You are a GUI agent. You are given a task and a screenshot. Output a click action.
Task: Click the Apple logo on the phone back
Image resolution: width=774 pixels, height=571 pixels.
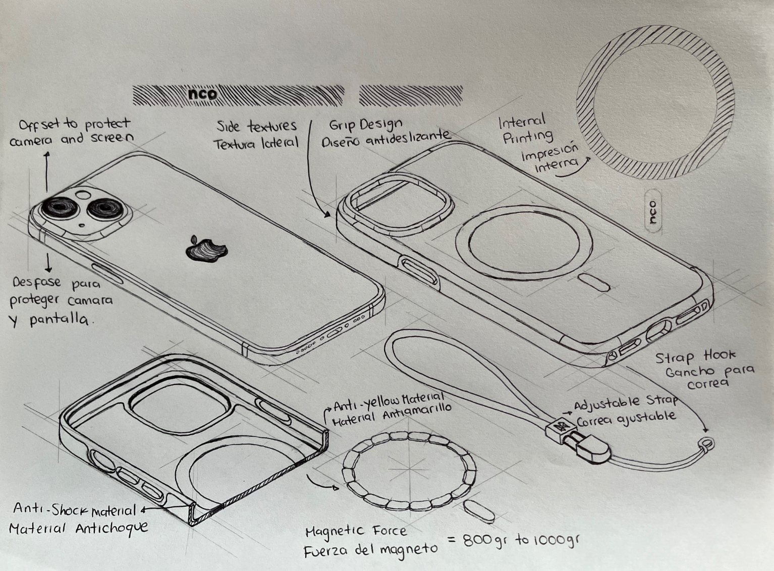(x=206, y=249)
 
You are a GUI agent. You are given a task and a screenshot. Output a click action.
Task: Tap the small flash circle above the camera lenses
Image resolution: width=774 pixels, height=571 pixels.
(x=83, y=194)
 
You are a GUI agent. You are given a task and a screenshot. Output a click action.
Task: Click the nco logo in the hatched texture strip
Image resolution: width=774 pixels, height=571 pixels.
(x=203, y=93)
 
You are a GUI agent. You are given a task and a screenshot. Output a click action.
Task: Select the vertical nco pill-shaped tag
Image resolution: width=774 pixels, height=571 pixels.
(x=653, y=211)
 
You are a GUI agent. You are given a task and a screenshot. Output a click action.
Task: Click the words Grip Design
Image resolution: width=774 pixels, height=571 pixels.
(x=365, y=124)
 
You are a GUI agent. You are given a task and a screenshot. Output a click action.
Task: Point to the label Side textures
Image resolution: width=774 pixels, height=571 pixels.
(x=256, y=126)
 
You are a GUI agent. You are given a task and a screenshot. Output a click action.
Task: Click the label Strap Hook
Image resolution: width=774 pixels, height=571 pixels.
(x=695, y=357)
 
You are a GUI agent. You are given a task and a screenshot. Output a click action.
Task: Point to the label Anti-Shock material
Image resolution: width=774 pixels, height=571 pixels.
(x=74, y=510)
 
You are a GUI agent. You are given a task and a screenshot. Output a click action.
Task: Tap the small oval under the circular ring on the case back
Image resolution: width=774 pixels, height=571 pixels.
(x=593, y=282)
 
